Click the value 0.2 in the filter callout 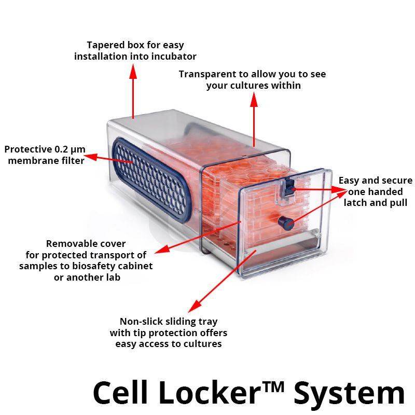pos(61,149)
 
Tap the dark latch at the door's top pos(287,189)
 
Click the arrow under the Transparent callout pos(254,119)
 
